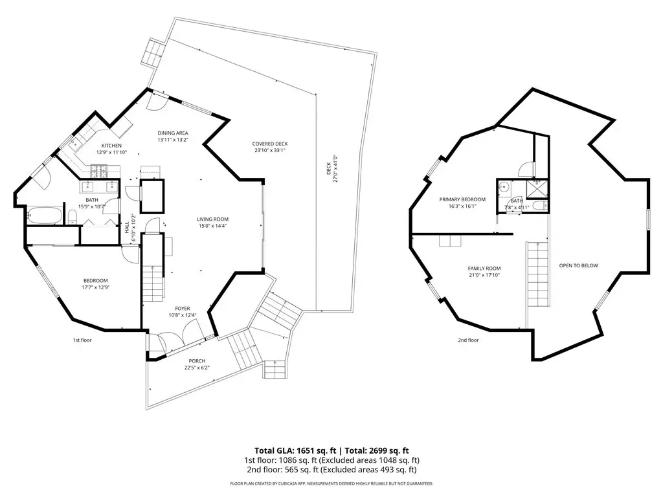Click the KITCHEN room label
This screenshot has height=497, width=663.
coord(111,146)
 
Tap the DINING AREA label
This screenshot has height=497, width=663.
coord(173,133)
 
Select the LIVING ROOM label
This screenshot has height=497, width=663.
coord(212,219)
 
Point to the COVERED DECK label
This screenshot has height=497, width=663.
coord(270,144)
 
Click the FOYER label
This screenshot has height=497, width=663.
coord(183,309)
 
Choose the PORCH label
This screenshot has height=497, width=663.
coord(197,361)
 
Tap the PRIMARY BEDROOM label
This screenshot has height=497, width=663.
coord(462,199)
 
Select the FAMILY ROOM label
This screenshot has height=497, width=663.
coord(484,269)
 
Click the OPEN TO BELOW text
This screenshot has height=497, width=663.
coord(579,265)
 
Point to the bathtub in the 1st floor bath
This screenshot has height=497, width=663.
coord(45,215)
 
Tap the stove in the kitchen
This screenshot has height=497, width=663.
coord(99,171)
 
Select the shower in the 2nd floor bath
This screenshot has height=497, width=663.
coord(537,190)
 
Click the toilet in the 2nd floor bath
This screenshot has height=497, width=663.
coord(538,206)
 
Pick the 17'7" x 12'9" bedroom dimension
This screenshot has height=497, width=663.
coord(96,287)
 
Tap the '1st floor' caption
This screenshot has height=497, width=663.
coord(82,340)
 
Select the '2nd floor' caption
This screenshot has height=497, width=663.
coord(469,340)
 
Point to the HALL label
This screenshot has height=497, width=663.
coord(127,227)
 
